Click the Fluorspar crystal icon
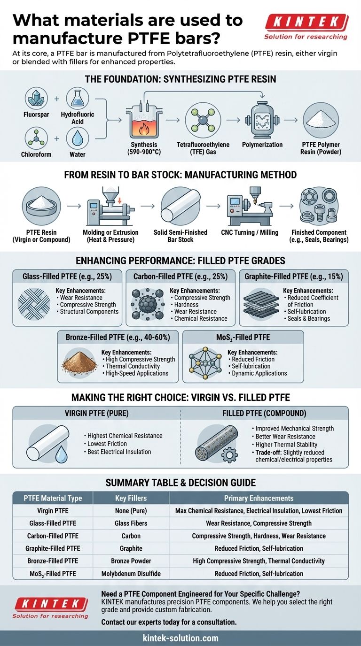coord(36,99)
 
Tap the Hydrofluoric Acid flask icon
coord(78,99)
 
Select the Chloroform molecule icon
coord(36,138)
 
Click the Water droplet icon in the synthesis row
coord(78,138)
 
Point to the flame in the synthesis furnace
coord(143,128)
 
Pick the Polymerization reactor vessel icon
coord(262,119)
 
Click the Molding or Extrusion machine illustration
coord(110,206)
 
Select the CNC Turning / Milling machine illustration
coord(250,206)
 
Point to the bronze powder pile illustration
coord(79,361)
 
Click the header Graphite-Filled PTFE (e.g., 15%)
coord(294,277)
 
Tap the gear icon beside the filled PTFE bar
coord(230,455)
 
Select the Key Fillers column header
coord(131,498)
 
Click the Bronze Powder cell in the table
coord(131,561)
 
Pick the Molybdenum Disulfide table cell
coord(131,574)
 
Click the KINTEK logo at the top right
coord(306,27)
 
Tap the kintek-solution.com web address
coord(180,638)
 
